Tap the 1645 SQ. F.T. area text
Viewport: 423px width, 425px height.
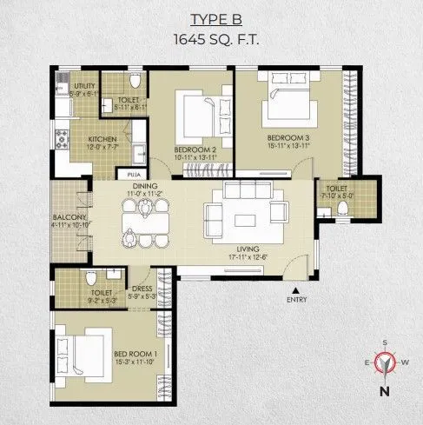(x=211, y=39)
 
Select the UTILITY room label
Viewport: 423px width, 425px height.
(x=83, y=86)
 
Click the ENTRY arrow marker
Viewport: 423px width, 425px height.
(x=296, y=291)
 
